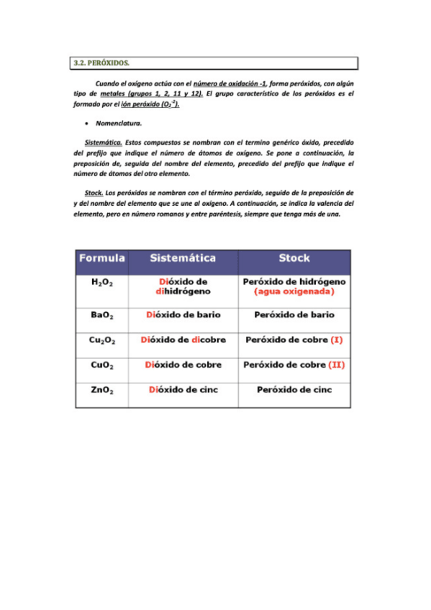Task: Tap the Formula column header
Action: click(101, 258)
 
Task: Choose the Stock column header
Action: click(294, 258)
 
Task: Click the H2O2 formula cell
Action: click(101, 283)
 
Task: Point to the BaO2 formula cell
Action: click(101, 316)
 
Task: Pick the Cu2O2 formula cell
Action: click(101, 340)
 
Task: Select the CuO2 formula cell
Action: click(101, 365)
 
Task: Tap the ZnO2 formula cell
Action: click(101, 391)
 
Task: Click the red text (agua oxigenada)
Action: click(294, 292)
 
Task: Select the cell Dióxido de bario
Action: click(183, 315)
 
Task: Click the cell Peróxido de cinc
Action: click(294, 390)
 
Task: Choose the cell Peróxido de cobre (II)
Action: click(294, 365)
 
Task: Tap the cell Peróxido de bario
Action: click(294, 315)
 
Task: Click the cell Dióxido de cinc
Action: click(183, 390)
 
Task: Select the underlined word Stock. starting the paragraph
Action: click(94, 194)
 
